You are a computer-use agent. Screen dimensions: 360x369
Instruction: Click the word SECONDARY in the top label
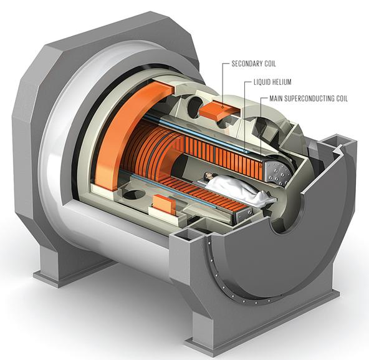pyautogui.click(x=248, y=64)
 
